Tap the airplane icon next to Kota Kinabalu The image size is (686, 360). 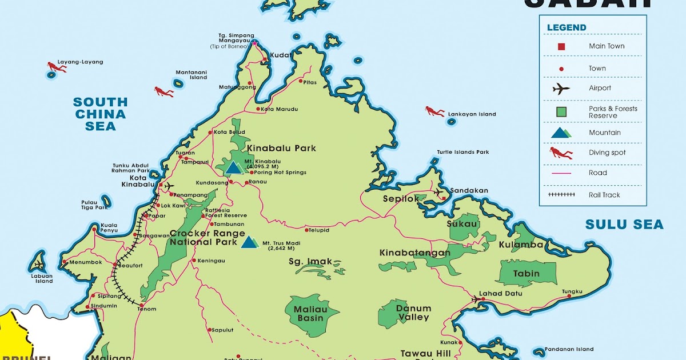pos(169,186)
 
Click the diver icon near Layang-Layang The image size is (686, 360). pos(55,67)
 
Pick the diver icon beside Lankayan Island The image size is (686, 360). pos(434,111)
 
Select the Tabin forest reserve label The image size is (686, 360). pos(526,274)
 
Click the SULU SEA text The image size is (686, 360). pos(624,225)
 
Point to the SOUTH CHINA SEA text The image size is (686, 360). pos(100,114)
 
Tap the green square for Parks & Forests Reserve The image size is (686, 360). pos(561,111)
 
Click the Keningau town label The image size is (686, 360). pos(211,261)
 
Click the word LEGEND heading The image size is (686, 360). pos(567,27)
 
